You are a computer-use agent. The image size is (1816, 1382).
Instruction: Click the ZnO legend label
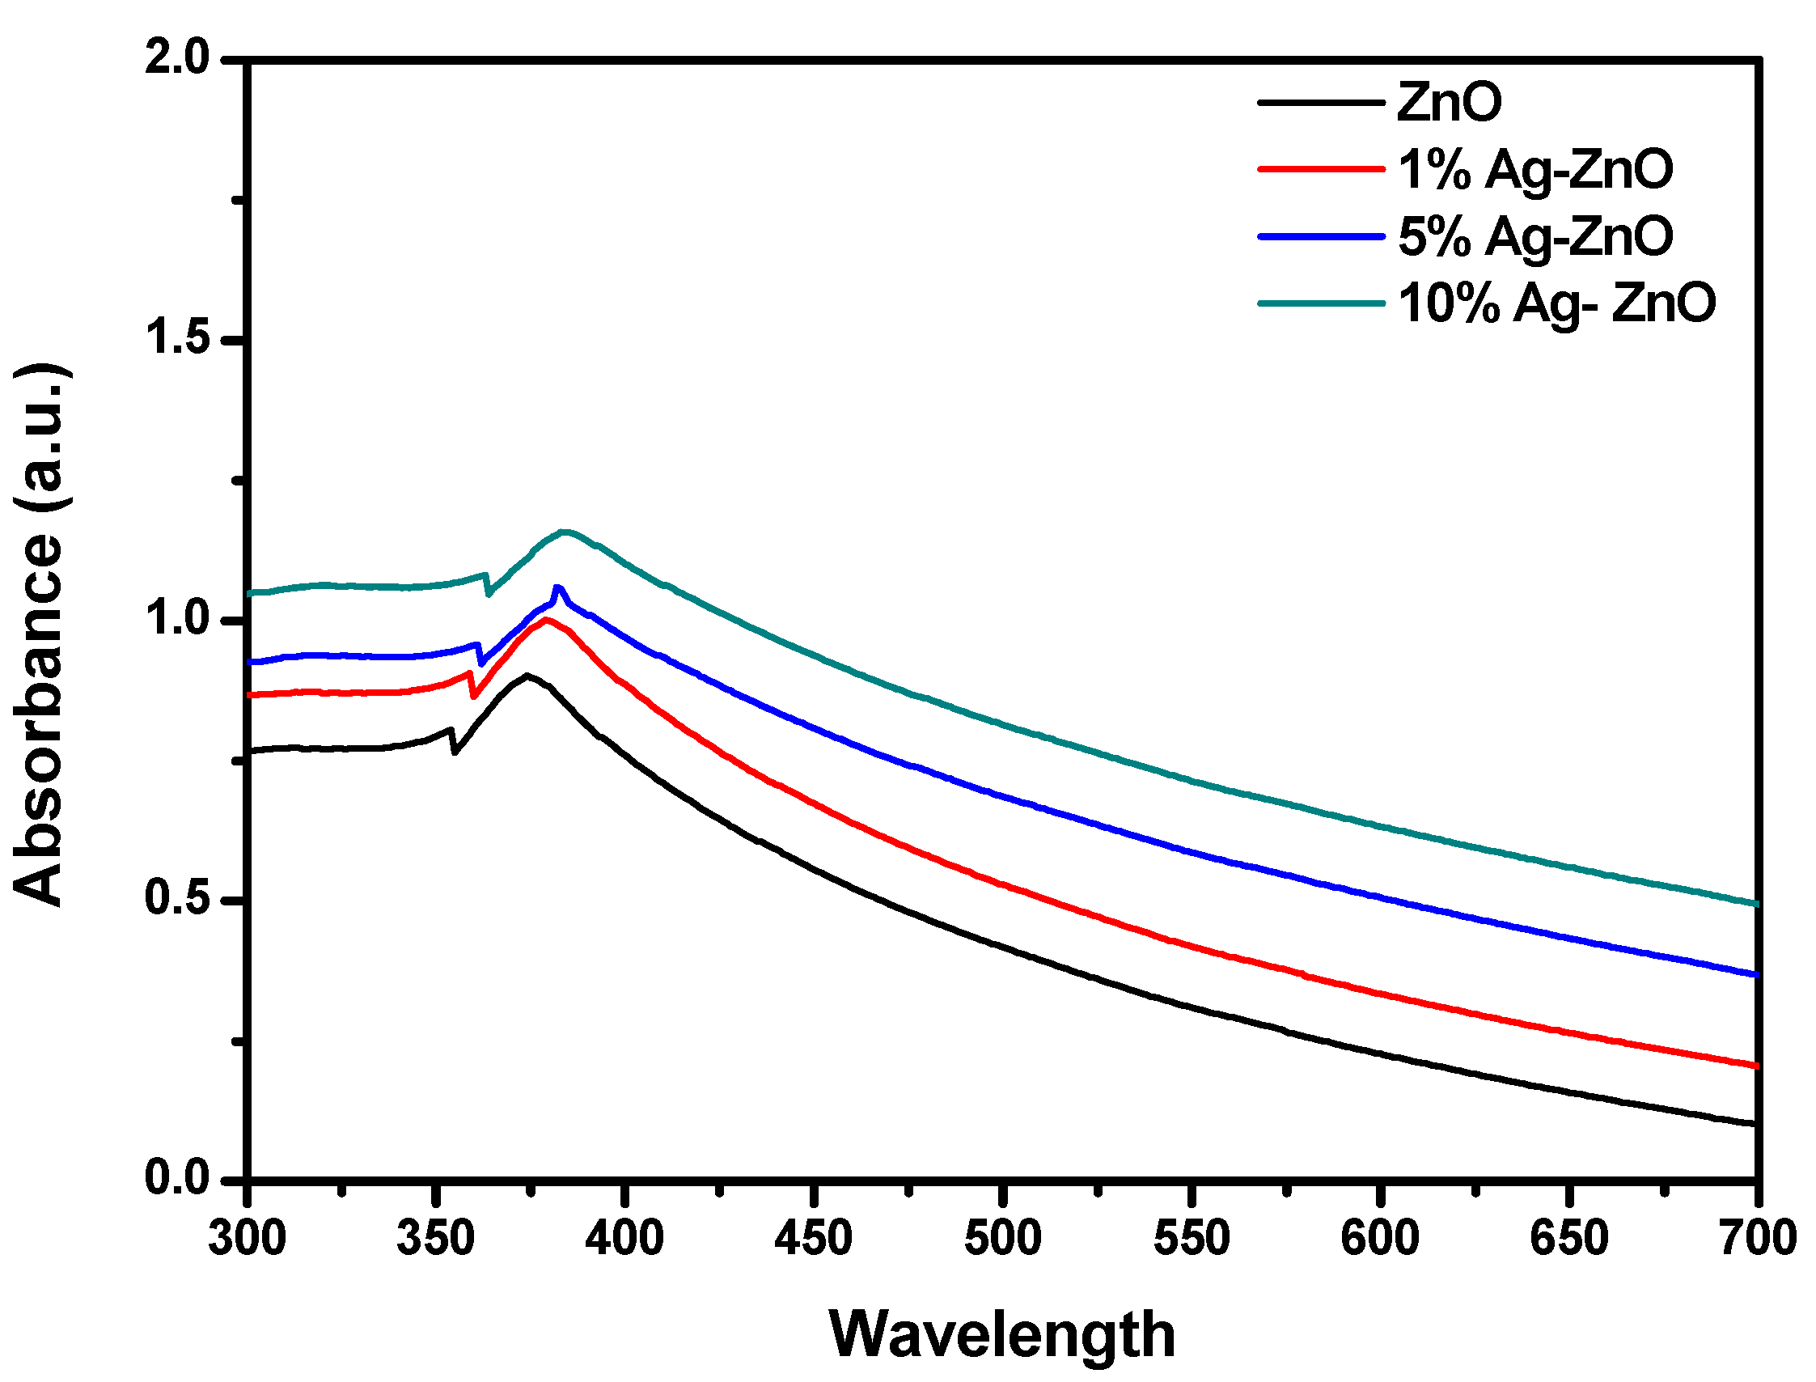1450,103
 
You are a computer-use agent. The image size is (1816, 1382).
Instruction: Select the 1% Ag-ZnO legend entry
1534,170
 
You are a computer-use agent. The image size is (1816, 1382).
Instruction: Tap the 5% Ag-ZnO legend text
1534,237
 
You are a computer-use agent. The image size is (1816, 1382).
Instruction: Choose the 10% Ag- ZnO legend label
1556,303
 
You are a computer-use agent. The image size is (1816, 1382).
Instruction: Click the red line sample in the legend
1321,169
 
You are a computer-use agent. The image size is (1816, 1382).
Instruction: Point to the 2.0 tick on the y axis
178,59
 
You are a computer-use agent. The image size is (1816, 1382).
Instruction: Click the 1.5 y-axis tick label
178,338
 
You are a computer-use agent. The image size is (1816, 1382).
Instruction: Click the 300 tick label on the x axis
247,1238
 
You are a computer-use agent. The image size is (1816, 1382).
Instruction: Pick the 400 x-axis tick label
624,1238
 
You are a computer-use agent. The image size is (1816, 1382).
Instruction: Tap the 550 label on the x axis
1191,1238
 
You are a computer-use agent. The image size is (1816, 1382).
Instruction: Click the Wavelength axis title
1001,1334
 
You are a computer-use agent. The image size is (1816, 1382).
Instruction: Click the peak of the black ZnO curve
527,676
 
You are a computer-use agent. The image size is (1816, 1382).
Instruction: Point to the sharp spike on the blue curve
558,587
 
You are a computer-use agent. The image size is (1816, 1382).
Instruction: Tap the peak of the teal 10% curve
564,532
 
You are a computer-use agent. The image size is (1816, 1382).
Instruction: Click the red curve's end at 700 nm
1755,1066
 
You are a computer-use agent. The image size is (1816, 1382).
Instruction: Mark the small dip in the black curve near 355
454,751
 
